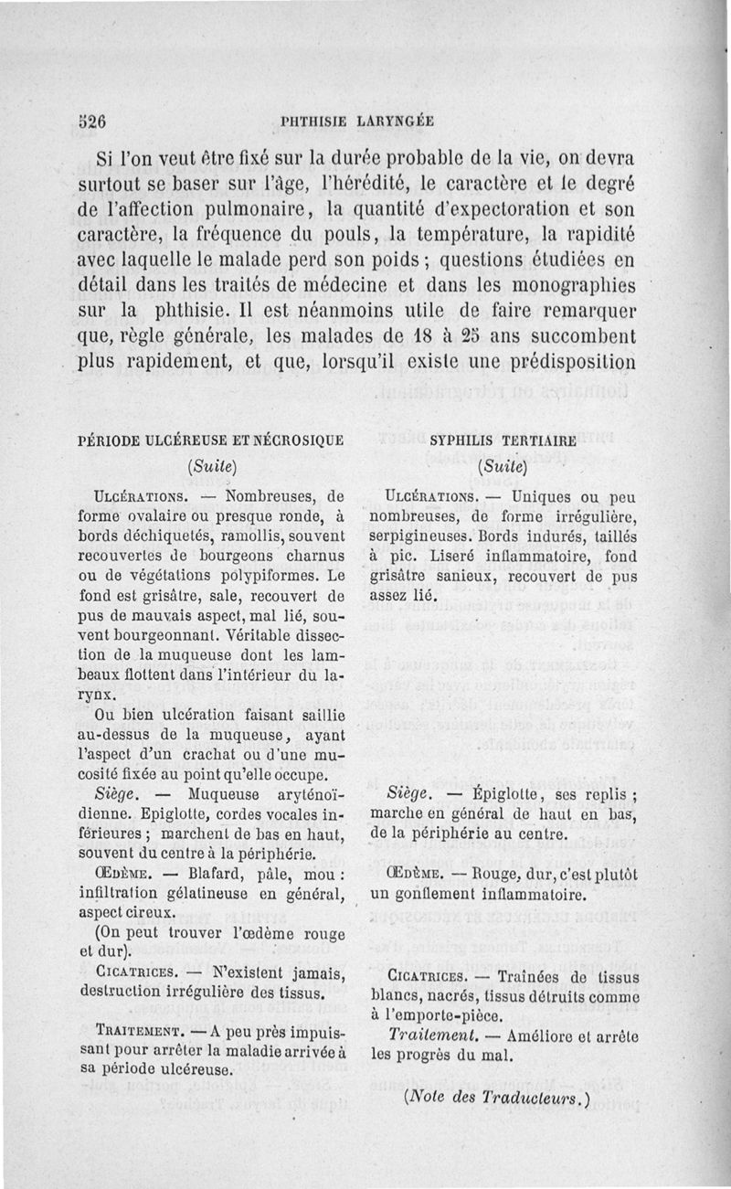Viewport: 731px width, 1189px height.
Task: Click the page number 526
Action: (92, 119)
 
